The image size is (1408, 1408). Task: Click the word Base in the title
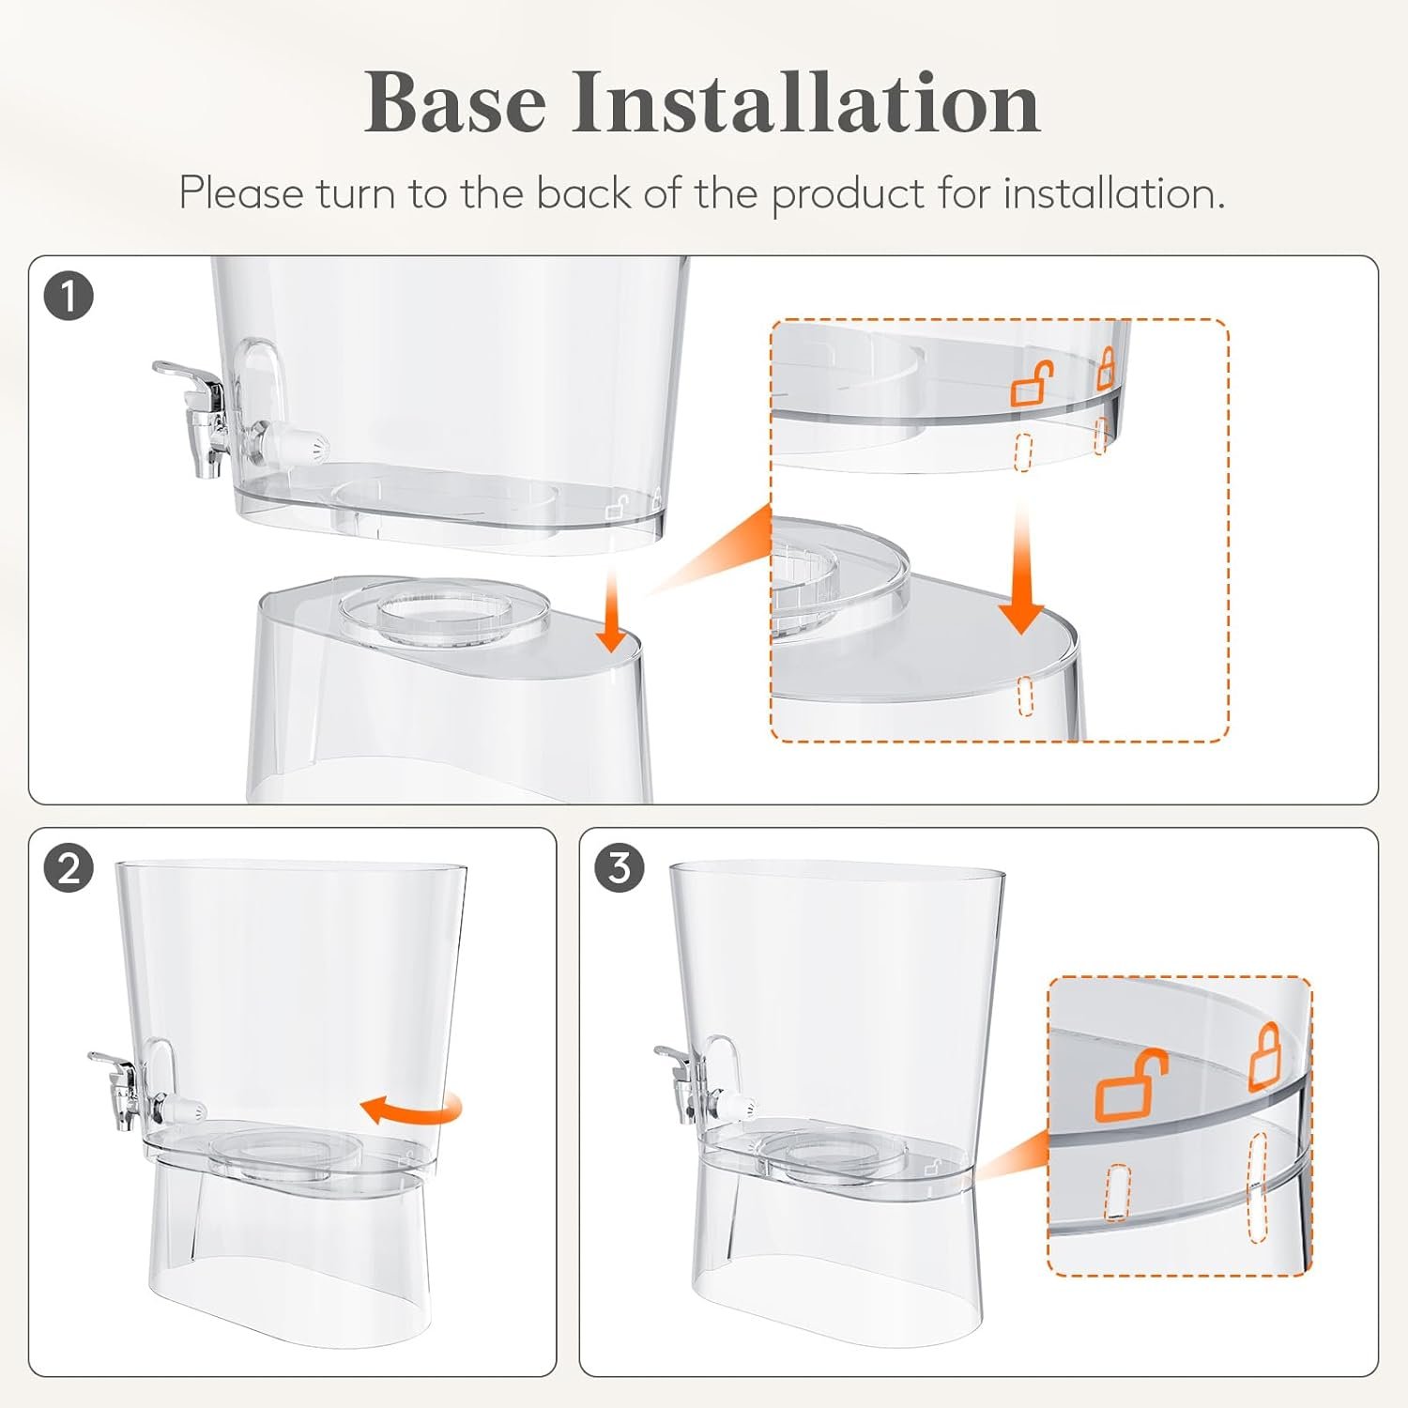point(455,101)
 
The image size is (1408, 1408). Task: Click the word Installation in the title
point(807,101)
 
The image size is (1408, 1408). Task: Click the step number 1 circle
point(69,297)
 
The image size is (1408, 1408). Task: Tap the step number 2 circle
point(69,869)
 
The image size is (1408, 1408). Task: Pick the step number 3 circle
point(620,868)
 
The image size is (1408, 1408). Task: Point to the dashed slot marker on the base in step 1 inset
point(1025,695)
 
